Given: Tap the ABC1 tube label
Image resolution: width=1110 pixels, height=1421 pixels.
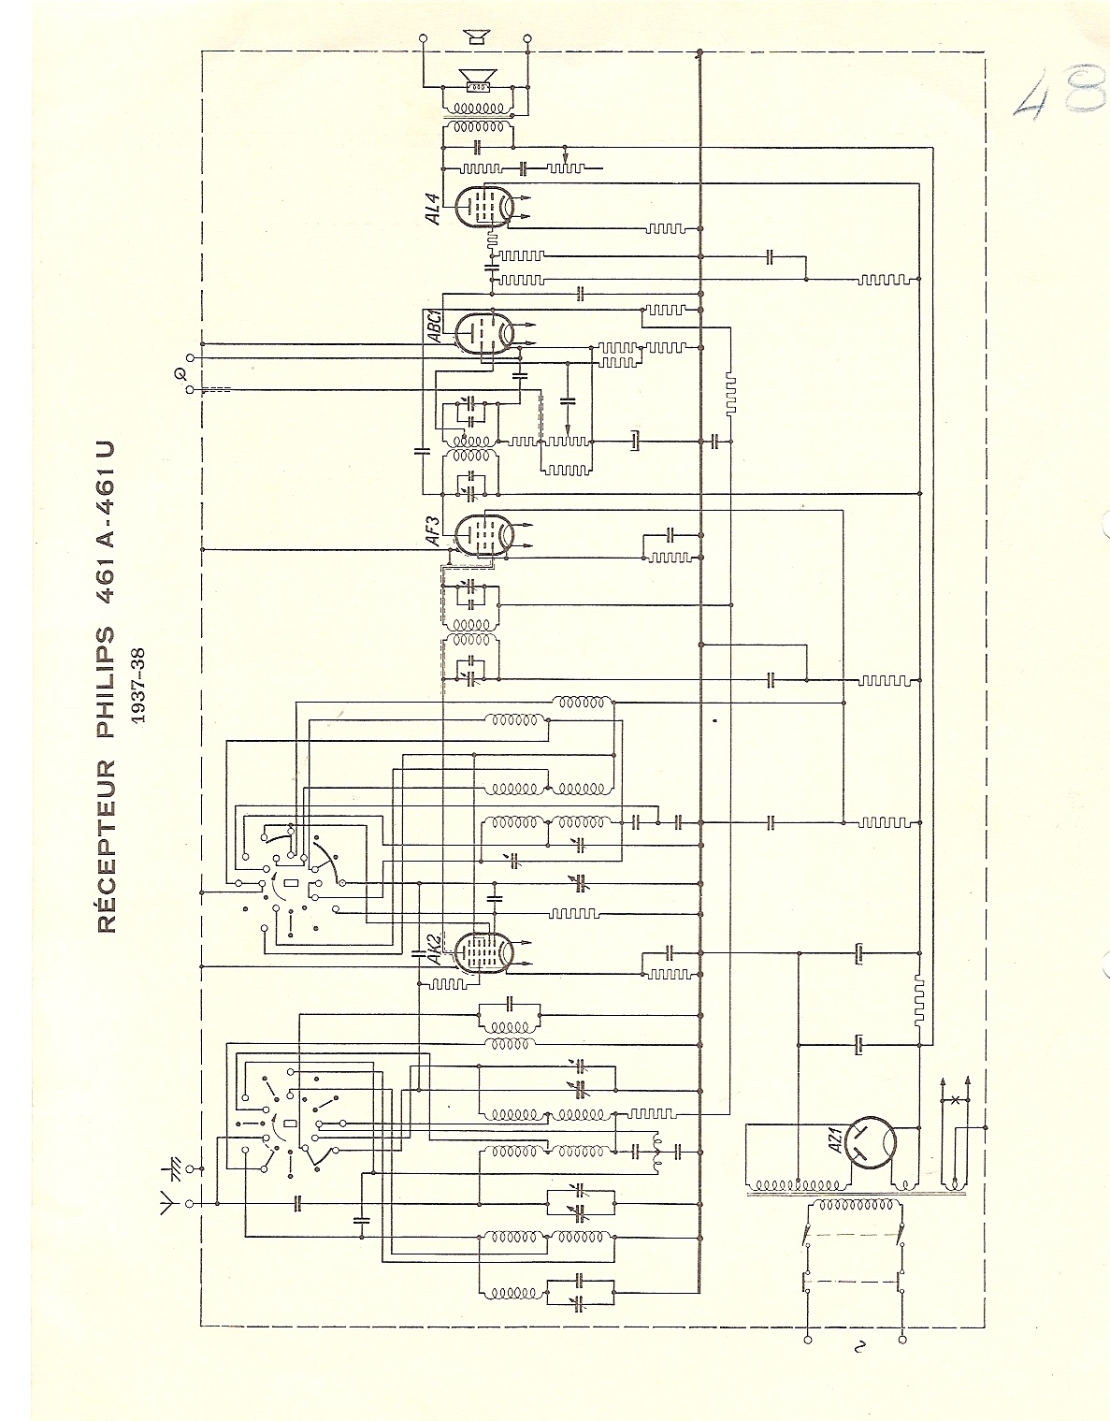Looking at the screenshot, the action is click(x=435, y=325).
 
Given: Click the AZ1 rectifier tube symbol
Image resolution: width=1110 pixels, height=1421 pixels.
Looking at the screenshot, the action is click(x=870, y=1142).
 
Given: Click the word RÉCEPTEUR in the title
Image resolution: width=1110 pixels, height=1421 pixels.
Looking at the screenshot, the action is click(x=107, y=847).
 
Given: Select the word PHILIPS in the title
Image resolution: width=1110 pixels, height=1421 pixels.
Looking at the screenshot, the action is click(x=107, y=682).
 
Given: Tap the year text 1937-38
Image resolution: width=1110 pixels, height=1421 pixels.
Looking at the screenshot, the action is click(x=138, y=686).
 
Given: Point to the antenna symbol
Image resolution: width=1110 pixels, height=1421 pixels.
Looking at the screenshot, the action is click(x=168, y=1204).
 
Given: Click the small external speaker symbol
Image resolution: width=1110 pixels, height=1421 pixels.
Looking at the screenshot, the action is click(x=475, y=37).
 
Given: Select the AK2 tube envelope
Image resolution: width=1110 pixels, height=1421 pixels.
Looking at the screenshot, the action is click(x=483, y=953).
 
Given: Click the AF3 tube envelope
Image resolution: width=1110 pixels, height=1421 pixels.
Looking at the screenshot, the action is click(x=483, y=533).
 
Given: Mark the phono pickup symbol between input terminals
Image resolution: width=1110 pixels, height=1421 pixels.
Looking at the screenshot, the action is click(x=179, y=374).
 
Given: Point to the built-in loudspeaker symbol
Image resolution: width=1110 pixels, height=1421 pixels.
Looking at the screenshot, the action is click(x=478, y=81).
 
